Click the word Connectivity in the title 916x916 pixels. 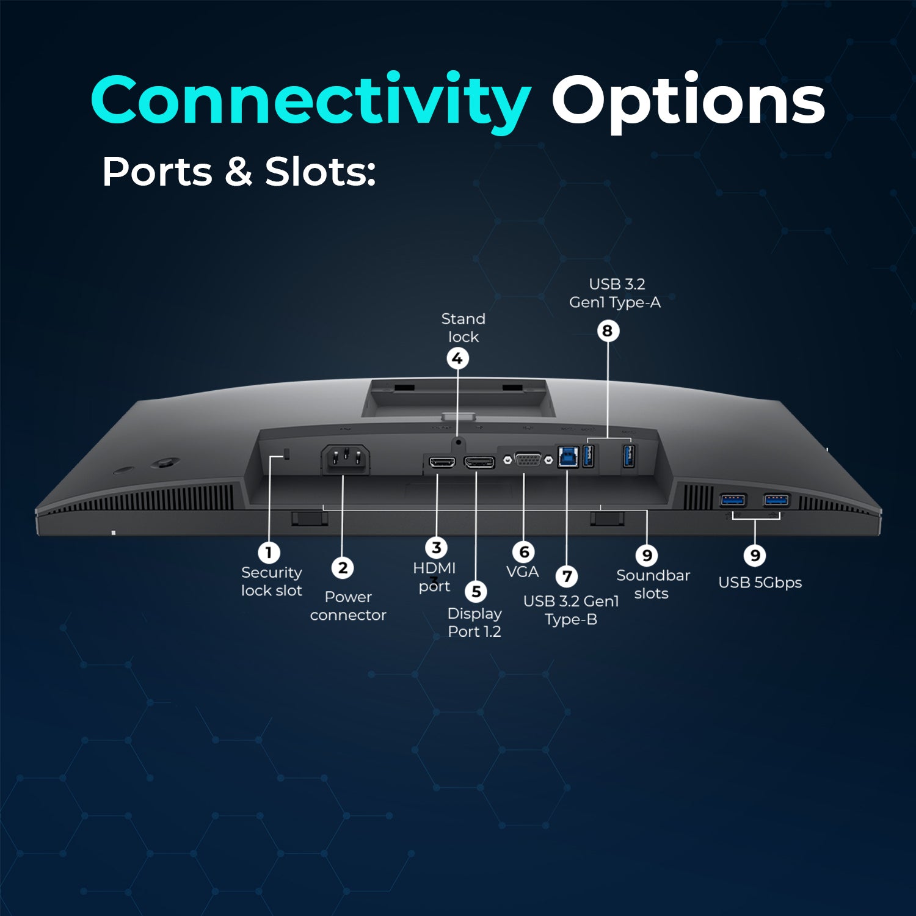point(311,101)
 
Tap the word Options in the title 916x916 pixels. point(688,101)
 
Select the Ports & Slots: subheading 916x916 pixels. point(239,172)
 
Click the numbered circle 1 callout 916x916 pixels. point(269,553)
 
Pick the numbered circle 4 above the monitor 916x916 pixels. point(457,358)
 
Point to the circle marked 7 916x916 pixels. point(567,576)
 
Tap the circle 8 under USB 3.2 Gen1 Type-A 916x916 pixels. point(608,331)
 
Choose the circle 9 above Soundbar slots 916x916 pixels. point(647,555)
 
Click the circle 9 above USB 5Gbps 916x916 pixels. point(755,555)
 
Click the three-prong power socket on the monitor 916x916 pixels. point(346,459)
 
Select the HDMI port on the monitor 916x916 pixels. point(442,462)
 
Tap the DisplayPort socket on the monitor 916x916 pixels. point(479,462)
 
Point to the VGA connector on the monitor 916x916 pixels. point(528,459)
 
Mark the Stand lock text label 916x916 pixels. point(463,327)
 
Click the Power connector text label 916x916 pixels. point(348,606)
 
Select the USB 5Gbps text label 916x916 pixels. point(760,583)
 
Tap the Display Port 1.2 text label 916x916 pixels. point(474,622)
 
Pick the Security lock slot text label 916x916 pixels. point(272,581)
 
